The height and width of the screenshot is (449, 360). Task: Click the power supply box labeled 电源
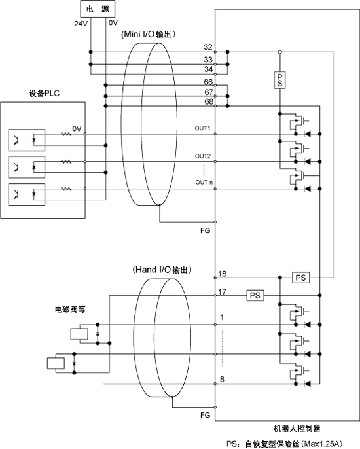pyautogui.click(x=98, y=9)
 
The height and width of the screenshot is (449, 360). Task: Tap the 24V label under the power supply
pyautogui.click(x=81, y=24)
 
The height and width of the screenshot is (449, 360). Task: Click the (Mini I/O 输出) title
pyautogui.click(x=148, y=34)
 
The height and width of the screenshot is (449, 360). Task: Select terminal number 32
pyautogui.click(x=208, y=47)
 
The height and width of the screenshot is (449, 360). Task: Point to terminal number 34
pyautogui.click(x=209, y=69)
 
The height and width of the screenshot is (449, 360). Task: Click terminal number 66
pyautogui.click(x=209, y=82)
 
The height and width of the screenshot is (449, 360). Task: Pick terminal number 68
pyautogui.click(x=209, y=101)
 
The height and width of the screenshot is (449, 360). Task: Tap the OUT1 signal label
pyautogui.click(x=202, y=128)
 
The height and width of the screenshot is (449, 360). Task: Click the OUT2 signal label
pyautogui.click(x=203, y=156)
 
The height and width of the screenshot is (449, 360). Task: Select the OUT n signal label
pyautogui.click(x=204, y=183)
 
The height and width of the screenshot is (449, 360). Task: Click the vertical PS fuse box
pyautogui.click(x=279, y=81)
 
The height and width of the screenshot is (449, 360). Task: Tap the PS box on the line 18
pyautogui.click(x=300, y=278)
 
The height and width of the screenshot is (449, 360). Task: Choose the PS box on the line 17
pyautogui.click(x=255, y=295)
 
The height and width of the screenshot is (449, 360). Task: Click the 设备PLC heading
pyautogui.click(x=44, y=94)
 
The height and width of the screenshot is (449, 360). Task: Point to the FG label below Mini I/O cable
pyautogui.click(x=205, y=230)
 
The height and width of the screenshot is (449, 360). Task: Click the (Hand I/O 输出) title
pyautogui.click(x=162, y=270)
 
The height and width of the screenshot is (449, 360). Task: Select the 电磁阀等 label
pyautogui.click(x=70, y=309)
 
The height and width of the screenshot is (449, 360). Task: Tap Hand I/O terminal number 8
pyautogui.click(x=222, y=380)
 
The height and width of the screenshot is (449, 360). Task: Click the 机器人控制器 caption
pyautogui.click(x=297, y=429)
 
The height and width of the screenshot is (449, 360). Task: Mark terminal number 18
pyautogui.click(x=223, y=274)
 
